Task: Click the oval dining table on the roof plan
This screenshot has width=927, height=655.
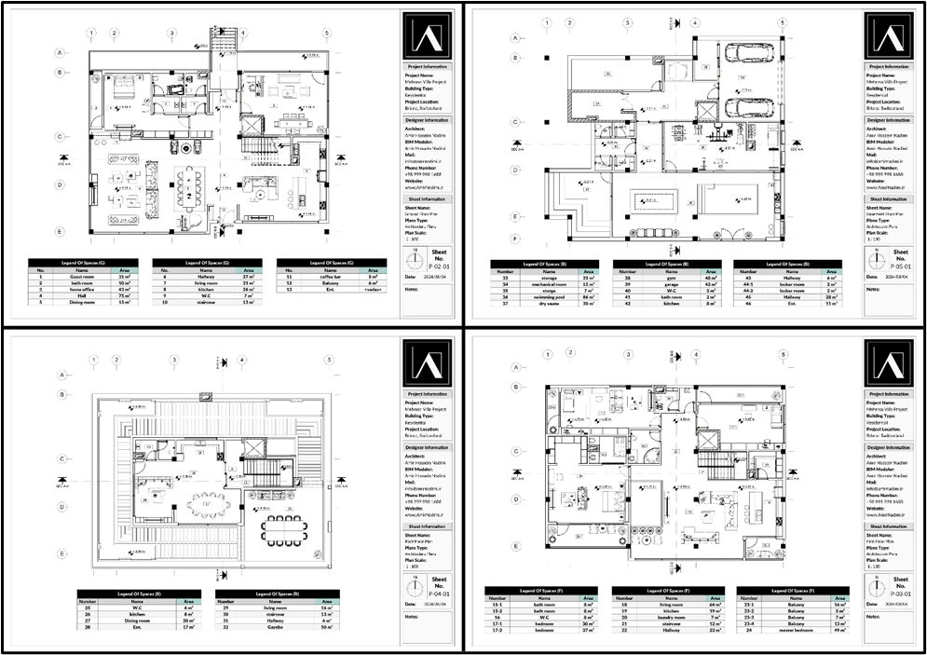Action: [208, 505]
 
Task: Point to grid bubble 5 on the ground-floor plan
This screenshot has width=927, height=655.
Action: [326, 34]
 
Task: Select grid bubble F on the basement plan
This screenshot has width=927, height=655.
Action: [514, 239]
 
